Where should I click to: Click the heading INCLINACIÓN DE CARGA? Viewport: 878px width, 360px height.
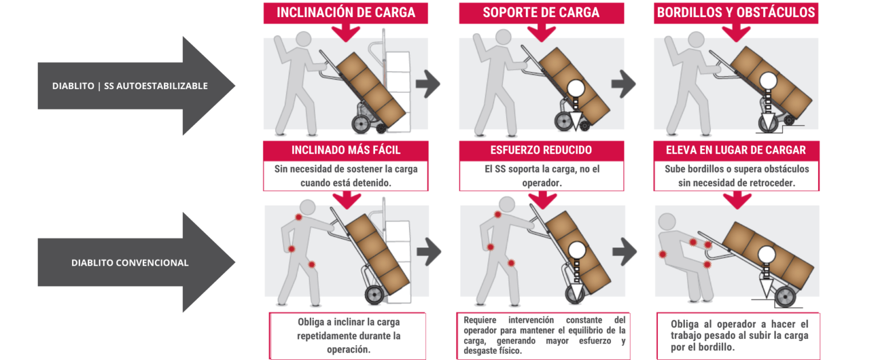click(x=345, y=13)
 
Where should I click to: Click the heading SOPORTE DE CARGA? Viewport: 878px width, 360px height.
click(x=541, y=13)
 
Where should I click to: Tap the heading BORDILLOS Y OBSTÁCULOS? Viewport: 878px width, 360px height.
click(x=736, y=13)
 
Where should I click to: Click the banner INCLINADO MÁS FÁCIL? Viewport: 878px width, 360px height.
click(x=345, y=150)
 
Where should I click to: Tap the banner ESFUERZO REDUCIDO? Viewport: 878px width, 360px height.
click(x=541, y=150)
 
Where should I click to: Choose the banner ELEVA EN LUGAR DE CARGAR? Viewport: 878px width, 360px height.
click(x=736, y=150)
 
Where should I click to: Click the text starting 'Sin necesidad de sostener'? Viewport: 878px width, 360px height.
click(x=345, y=175)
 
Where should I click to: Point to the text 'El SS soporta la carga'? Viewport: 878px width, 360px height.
click(x=541, y=175)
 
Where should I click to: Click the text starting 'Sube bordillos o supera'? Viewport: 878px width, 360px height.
click(x=736, y=175)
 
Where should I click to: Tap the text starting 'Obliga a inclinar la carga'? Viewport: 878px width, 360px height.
click(x=348, y=335)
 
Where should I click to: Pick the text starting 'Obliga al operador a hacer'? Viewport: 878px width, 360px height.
click(x=739, y=335)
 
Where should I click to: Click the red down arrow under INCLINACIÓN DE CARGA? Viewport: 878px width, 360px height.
click(x=345, y=32)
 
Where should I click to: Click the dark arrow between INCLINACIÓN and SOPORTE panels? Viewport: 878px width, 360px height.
click(x=427, y=85)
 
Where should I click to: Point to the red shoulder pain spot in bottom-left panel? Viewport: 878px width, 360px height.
click(x=298, y=217)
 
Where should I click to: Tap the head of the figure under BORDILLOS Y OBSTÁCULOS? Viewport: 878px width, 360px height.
click(x=696, y=40)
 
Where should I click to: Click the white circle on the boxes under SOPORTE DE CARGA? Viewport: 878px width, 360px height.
click(x=576, y=88)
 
